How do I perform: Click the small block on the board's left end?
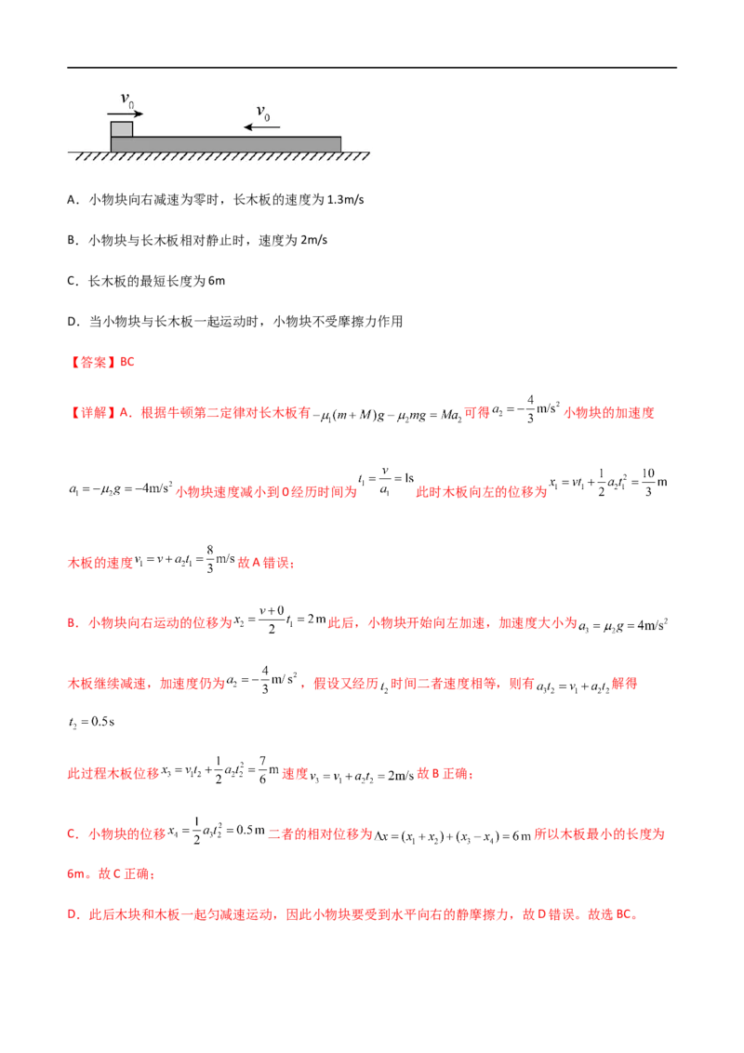(121, 128)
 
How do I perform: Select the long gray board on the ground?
(226, 144)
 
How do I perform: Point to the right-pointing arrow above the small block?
(125, 113)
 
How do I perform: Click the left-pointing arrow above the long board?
(255, 127)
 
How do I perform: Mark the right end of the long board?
(339, 144)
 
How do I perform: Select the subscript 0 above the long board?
(267, 117)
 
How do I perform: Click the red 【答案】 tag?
(88, 363)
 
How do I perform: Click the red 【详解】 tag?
(88, 413)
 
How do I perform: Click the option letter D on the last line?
(72, 915)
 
